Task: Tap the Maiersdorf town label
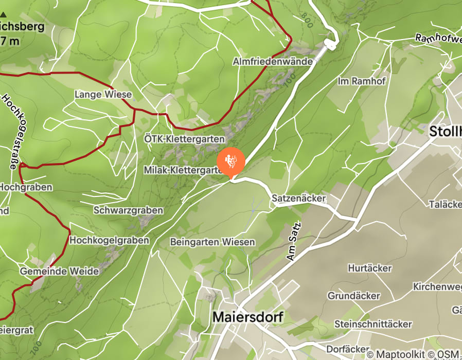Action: [247, 317]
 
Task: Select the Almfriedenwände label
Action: [273, 61]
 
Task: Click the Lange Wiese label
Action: [103, 95]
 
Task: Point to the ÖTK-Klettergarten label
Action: [184, 139]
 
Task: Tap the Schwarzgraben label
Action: [128, 210]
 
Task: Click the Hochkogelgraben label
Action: [109, 240]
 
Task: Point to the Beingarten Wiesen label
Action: [212, 242]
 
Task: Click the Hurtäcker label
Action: [369, 268]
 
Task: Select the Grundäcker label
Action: [354, 296]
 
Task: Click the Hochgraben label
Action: [26, 188]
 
